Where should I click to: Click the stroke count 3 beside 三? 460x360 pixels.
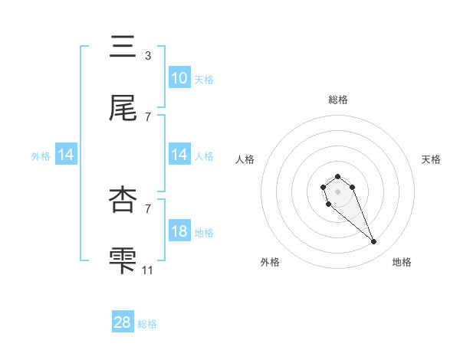pos(147,55)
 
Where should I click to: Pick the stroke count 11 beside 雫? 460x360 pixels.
pos(149,270)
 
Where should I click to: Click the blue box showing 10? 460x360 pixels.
pos(179,78)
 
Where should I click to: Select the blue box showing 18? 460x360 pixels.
pos(179,231)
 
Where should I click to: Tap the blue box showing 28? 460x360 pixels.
pos(123,322)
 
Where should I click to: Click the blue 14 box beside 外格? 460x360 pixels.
pos(66,155)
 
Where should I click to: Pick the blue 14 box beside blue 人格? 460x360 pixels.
pos(179,155)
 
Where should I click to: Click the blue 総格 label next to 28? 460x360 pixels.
pos(147,324)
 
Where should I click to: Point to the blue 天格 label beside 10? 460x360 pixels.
pos(204,80)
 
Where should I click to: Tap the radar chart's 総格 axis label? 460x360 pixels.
pos(337,100)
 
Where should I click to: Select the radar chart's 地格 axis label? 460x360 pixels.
pos(402,262)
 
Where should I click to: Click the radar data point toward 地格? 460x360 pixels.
pos(374,242)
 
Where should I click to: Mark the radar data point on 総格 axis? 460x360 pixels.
pos(337,177)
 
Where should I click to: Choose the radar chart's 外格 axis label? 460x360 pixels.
pos(271,262)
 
